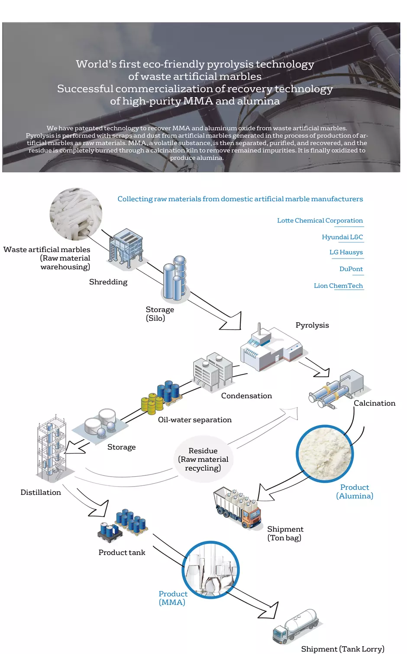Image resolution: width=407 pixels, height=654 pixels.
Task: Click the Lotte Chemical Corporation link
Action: click(320, 220)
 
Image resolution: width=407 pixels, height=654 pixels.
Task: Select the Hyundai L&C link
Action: click(342, 237)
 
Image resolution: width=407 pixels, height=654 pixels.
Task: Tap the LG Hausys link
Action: click(346, 252)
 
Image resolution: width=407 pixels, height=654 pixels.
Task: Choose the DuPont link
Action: click(351, 269)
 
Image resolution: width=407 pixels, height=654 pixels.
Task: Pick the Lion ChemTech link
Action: click(338, 285)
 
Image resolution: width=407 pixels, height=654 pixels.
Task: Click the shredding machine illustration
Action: click(126, 249)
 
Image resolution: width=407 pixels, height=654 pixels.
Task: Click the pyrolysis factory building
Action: click(271, 347)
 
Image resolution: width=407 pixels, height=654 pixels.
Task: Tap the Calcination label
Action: click(375, 403)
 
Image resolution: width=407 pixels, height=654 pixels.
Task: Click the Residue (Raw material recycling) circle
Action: click(203, 459)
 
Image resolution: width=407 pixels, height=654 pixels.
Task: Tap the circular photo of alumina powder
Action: click(325, 454)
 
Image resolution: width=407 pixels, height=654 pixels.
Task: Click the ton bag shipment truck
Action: click(237, 507)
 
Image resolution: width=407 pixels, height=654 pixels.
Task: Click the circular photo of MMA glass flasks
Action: click(210, 570)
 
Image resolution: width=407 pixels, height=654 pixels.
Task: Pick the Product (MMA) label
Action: click(173, 598)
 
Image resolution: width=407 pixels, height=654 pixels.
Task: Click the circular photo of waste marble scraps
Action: click(76, 214)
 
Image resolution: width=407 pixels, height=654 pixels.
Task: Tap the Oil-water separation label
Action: click(195, 420)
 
